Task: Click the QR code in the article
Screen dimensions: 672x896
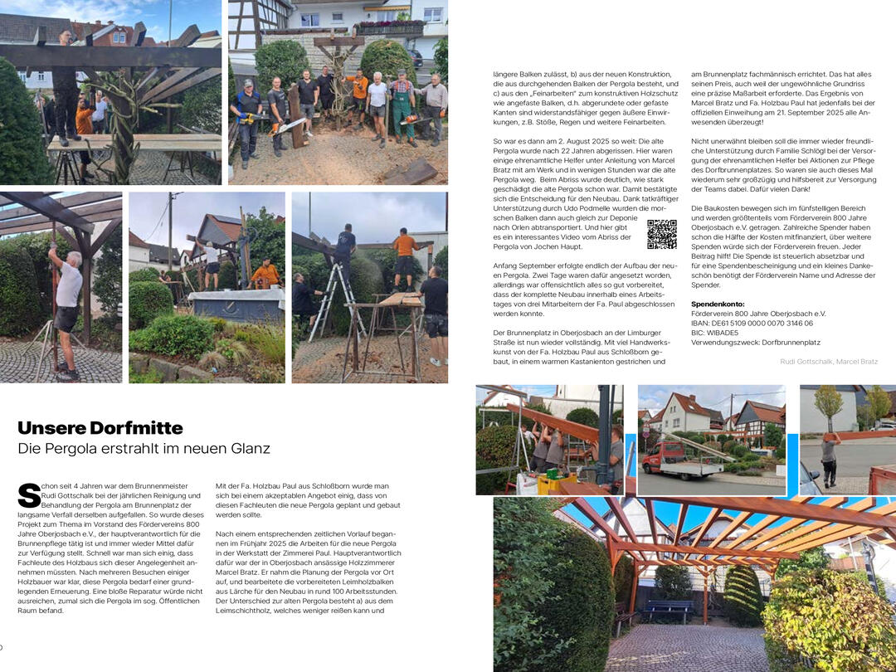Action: [x=661, y=235]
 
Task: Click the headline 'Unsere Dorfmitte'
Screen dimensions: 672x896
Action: [x=100, y=428]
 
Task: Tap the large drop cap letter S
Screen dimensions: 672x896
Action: [x=28, y=495]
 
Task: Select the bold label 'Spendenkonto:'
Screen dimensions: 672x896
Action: [x=718, y=304]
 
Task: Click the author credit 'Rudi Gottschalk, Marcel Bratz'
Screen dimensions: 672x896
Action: [x=828, y=362]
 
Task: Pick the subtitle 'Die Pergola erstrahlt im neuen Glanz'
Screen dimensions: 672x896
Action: [x=144, y=449]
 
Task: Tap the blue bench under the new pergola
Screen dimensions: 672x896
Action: [x=670, y=610]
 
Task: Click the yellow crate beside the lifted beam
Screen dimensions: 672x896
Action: [x=557, y=482]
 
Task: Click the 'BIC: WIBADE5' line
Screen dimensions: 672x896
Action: [x=720, y=333]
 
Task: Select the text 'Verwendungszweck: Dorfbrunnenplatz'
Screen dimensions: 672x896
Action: [x=755, y=343]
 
